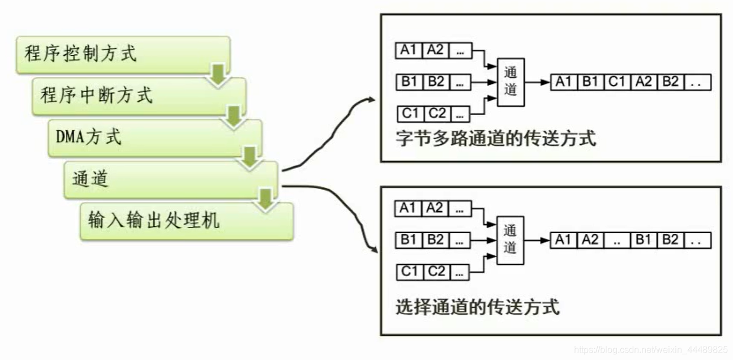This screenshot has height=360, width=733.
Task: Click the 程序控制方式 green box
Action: pos(122,54)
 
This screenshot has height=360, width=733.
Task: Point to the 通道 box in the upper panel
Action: pos(511,82)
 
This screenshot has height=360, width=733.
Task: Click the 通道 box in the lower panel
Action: pos(511,240)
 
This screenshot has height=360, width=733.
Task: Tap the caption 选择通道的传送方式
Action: pos(478,307)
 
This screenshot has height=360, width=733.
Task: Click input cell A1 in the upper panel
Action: pos(409,50)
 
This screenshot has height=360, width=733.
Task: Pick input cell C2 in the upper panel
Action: pos(436,114)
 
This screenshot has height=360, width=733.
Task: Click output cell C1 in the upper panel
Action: pos(617,82)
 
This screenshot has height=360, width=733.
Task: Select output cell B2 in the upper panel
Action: pos(670,82)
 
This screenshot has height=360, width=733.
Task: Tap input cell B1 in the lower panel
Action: pos(409,240)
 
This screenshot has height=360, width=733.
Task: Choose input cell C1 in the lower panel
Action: pos(409,272)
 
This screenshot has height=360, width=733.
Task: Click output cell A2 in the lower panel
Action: pos(590,240)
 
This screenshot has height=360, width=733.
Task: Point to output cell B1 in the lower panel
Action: pos(644,240)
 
